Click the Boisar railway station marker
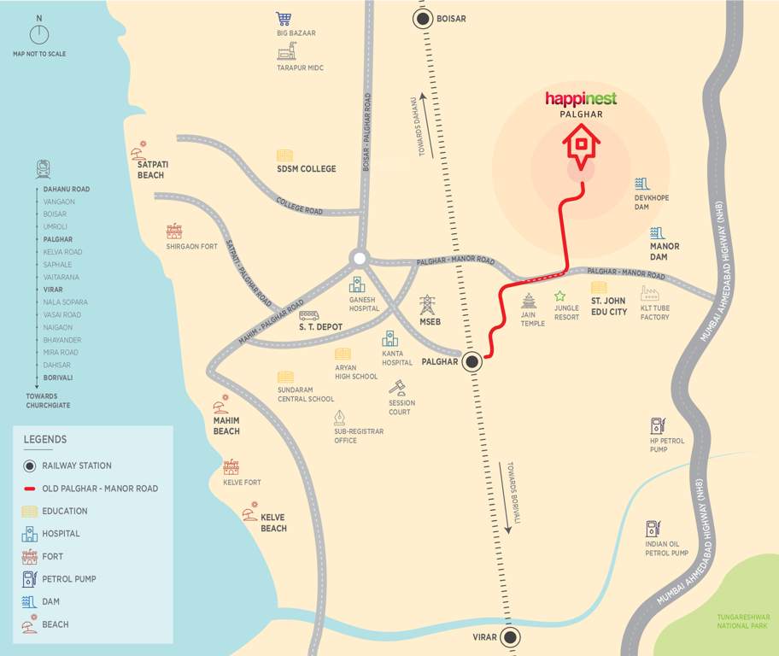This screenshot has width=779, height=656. (423, 19)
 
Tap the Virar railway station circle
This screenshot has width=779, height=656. (511, 637)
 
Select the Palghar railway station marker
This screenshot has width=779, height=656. (472, 362)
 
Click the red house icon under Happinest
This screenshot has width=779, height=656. (581, 146)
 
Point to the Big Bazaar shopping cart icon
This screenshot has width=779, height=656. (284, 19)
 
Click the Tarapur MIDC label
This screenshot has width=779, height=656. (300, 67)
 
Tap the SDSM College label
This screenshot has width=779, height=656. (306, 169)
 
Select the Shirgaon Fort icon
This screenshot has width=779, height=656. (174, 231)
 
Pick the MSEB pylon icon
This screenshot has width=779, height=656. (427, 305)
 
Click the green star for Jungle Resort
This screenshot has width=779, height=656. (559, 296)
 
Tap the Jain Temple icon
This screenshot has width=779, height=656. (529, 301)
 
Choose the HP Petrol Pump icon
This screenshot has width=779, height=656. (657, 425)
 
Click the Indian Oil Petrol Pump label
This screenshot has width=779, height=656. (666, 548)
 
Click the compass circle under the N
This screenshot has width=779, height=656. (39, 34)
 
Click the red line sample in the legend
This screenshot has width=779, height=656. (29, 489)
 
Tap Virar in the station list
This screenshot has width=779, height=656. (53, 290)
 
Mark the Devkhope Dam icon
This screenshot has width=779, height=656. (642, 184)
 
